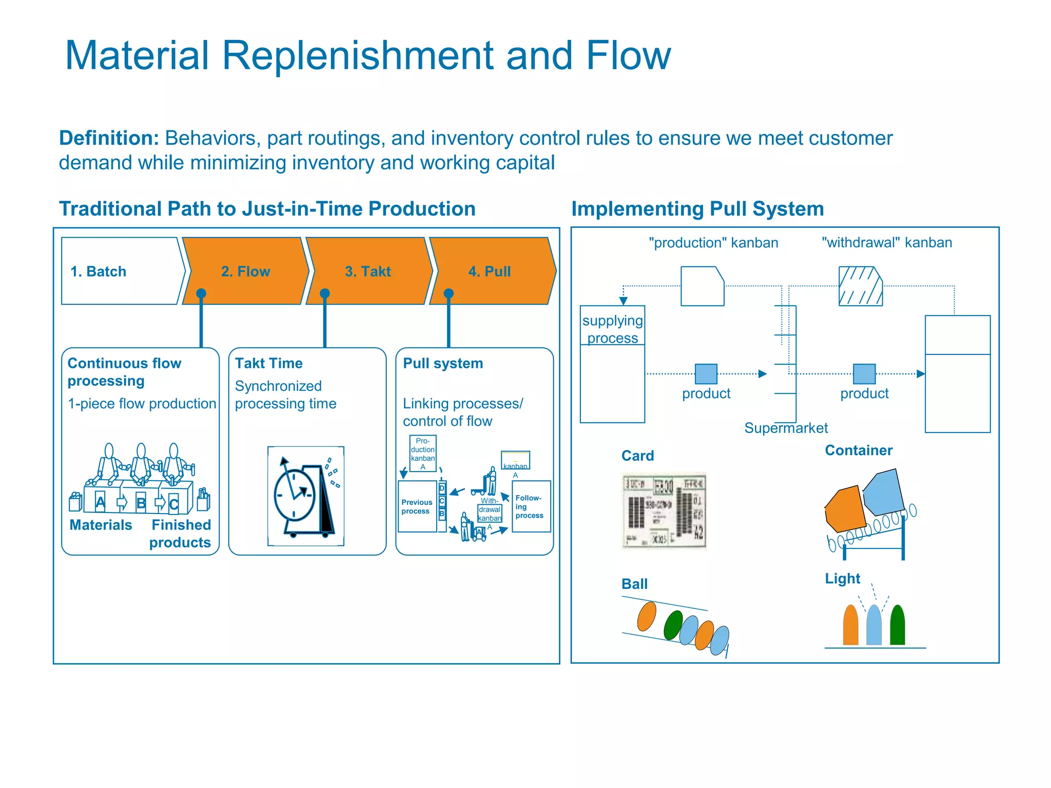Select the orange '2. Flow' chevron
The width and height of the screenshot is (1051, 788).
click(245, 271)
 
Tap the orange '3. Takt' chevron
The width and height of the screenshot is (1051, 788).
click(368, 271)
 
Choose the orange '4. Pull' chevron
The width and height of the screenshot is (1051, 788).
click(490, 271)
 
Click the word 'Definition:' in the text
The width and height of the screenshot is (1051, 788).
click(109, 139)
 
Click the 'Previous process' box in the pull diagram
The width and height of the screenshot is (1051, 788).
click(417, 507)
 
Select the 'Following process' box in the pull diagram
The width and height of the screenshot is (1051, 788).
click(531, 507)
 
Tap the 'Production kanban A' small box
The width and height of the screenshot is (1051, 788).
click(422, 454)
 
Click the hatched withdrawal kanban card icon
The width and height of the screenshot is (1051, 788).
click(860, 286)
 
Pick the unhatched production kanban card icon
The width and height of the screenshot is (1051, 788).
click(702, 286)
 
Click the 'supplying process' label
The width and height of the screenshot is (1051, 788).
click(612, 329)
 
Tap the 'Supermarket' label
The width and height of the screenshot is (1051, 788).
click(786, 428)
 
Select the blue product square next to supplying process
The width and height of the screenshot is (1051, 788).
click(706, 374)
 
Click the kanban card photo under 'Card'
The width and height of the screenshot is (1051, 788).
click(664, 511)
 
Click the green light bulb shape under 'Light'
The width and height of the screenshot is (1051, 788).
click(897, 625)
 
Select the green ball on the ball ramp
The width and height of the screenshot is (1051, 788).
click(672, 625)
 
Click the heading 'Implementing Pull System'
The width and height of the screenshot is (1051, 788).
click(697, 209)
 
